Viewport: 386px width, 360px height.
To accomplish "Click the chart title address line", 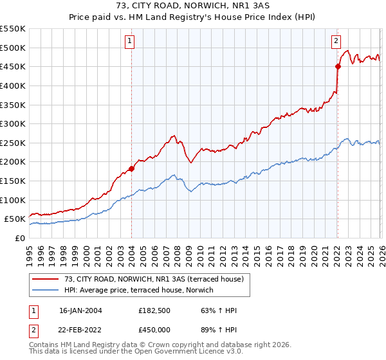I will (193, 7).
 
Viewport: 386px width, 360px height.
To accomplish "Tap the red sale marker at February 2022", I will (338, 66).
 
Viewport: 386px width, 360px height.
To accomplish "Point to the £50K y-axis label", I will (15, 219).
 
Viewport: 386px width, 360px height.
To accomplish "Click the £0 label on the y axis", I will (19, 238).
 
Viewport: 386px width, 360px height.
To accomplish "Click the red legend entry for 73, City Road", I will (154, 279).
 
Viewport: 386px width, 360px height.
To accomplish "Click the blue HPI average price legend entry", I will (142, 291).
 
